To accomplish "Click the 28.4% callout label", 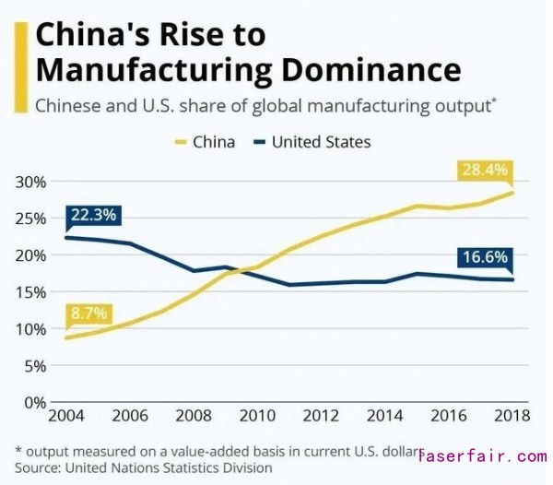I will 485,171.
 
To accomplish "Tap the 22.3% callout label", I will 92,216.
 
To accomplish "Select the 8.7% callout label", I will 88,313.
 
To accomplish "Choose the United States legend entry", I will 312,142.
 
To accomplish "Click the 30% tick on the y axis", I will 31,182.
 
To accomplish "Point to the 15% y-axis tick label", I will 31,292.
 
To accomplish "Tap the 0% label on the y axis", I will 35,402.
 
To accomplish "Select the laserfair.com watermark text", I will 482,456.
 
